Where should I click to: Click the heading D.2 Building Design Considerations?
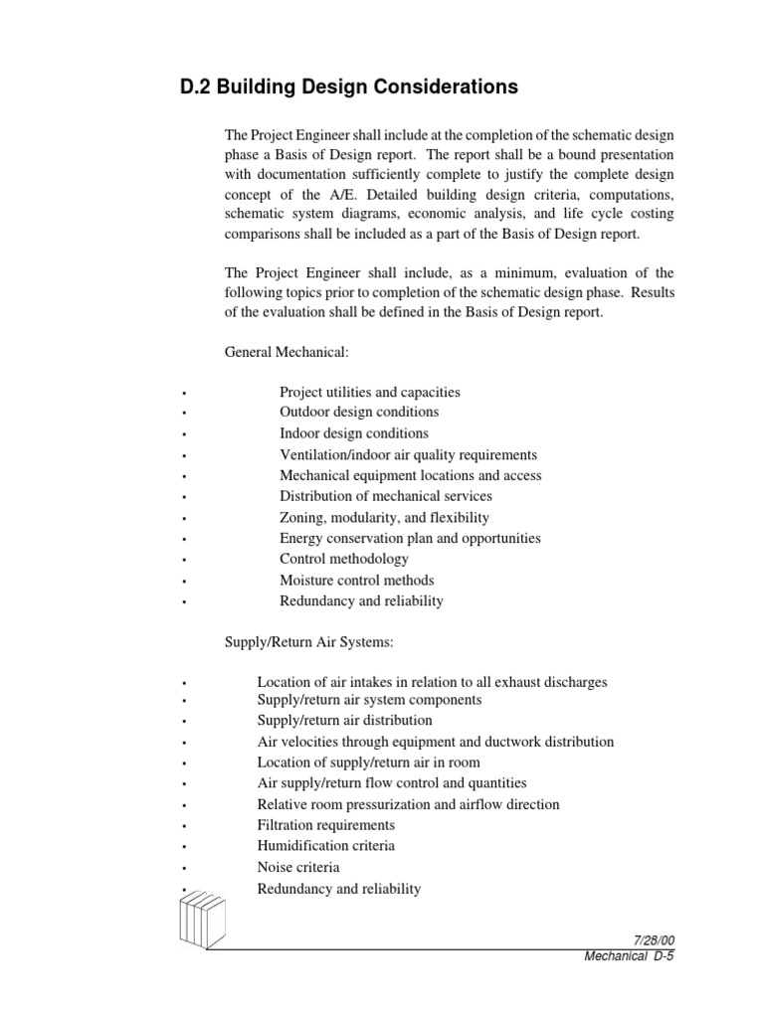(348, 87)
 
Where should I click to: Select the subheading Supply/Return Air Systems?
(309, 643)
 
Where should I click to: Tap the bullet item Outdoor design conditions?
(359, 412)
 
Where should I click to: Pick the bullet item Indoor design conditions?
(354, 433)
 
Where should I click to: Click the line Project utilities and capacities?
(370, 392)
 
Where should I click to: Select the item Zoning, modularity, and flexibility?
(384, 518)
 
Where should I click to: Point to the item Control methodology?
(344, 559)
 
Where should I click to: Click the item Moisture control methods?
(356, 581)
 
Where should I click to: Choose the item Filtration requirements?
(325, 825)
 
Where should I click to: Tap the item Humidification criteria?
(325, 846)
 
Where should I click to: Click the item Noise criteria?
(298, 868)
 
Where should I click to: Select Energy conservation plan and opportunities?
(410, 538)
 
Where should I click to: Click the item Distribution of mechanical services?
(386, 496)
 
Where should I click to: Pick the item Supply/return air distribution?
(344, 720)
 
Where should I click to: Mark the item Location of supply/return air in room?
(368, 763)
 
